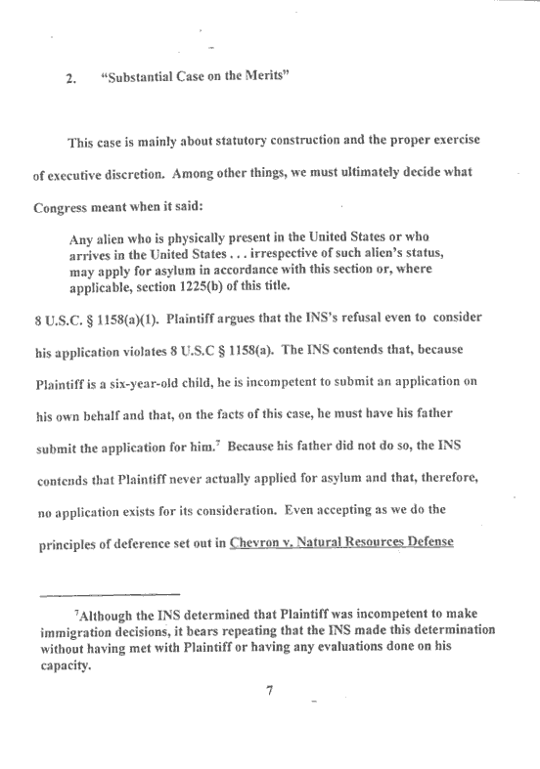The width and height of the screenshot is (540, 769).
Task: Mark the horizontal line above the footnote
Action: click(x=115, y=593)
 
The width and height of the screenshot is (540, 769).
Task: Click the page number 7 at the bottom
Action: click(x=269, y=693)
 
